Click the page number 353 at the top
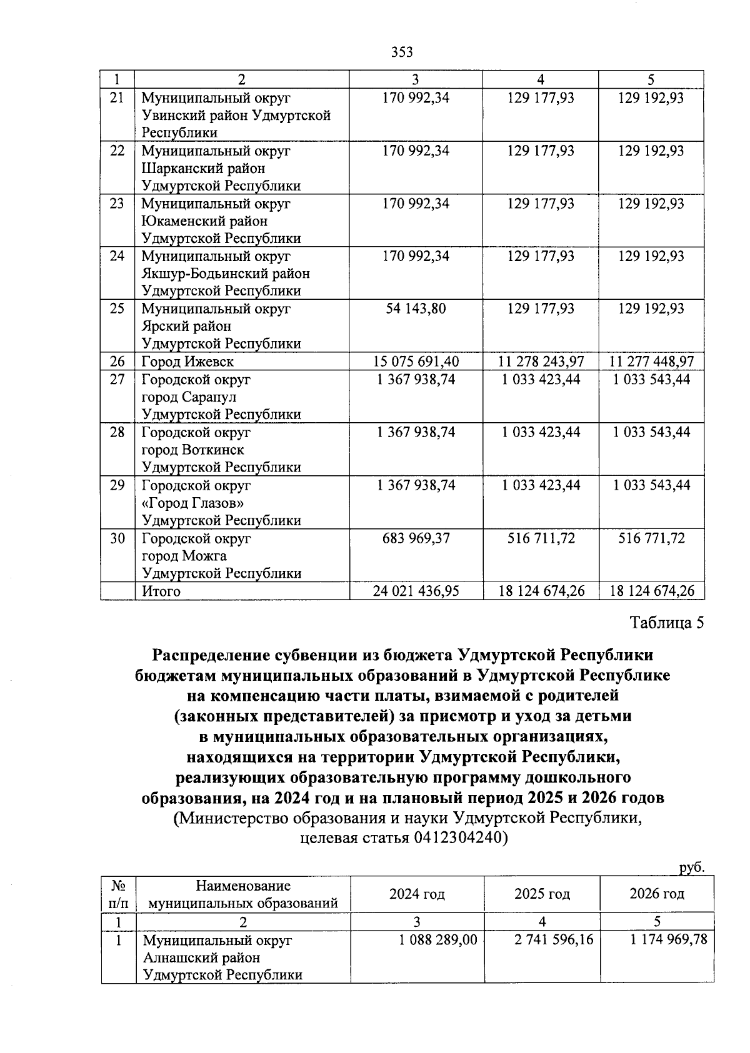pos(402,52)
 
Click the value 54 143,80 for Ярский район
pos(416,309)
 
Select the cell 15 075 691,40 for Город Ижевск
pos(416,362)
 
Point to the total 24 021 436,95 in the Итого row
pos(416,591)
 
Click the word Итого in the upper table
pos(161,591)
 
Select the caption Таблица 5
pos(667,623)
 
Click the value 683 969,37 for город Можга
pos(416,538)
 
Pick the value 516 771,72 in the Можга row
pos(651,538)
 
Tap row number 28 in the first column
pos(117,432)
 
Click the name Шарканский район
pos(204,169)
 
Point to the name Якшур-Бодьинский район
pos(226,274)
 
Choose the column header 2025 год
pos(542,894)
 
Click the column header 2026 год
pos(656,894)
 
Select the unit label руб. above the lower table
pos(691,868)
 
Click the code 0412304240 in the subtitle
pos(457,838)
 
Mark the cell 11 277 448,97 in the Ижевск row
pos(651,362)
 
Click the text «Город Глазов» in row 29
pos(193,503)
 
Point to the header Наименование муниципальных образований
pos(243,894)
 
